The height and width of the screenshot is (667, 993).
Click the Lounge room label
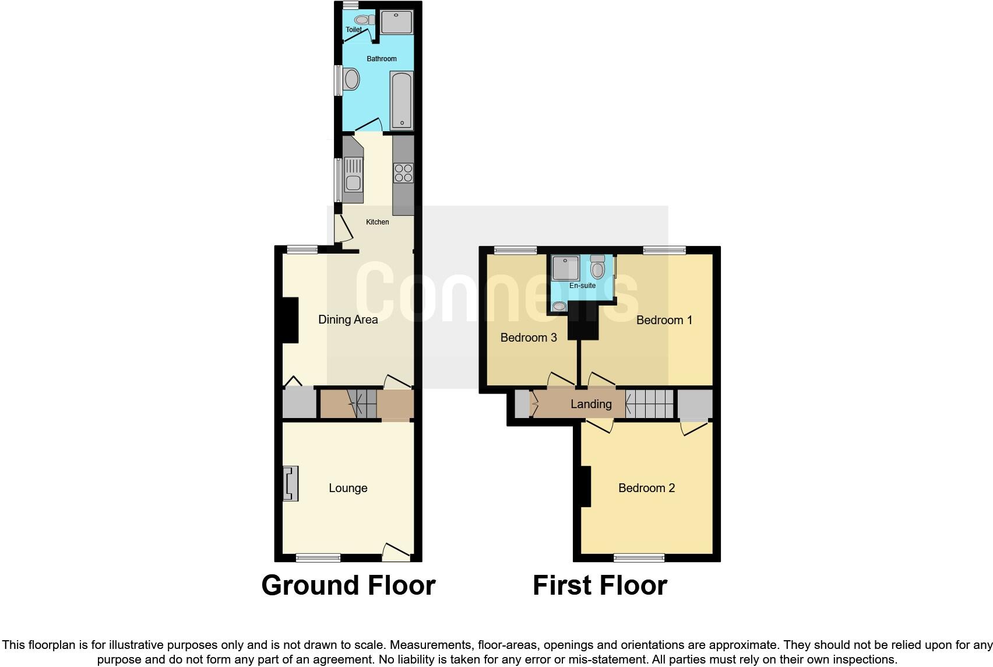[x=348, y=489]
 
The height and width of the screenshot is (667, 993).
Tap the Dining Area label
[x=348, y=320]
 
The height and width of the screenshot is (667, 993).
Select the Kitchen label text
[x=377, y=222]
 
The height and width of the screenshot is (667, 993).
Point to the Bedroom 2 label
[x=646, y=488]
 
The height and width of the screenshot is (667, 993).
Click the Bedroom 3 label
[x=529, y=338]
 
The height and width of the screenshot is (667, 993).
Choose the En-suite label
[x=582, y=286]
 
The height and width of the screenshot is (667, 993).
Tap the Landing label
[x=591, y=404]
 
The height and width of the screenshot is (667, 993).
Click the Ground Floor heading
[x=348, y=585]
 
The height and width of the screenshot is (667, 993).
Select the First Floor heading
[x=600, y=585]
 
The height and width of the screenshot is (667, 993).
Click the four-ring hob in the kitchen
[x=403, y=173]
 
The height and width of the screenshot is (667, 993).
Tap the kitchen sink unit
[x=353, y=175]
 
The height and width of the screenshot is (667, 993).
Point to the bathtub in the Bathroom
[x=402, y=100]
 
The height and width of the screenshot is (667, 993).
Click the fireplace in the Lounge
[x=290, y=483]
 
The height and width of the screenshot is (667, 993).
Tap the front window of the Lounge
[x=318, y=558]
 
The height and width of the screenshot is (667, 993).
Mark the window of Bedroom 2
[x=639, y=558]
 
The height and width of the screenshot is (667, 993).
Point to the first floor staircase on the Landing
[x=649, y=404]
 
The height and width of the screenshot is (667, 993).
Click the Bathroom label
[x=382, y=59]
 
